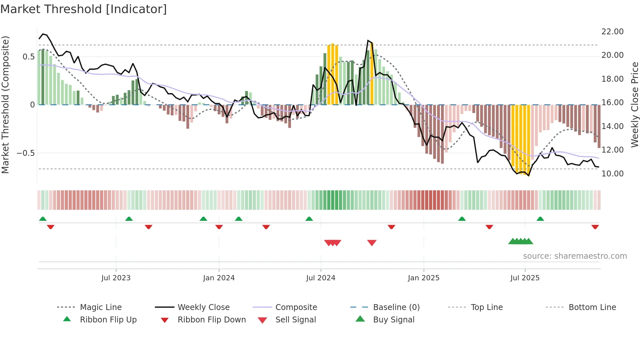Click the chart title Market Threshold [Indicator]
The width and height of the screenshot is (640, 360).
click(x=84, y=9)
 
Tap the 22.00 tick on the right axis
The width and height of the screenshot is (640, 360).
click(x=612, y=32)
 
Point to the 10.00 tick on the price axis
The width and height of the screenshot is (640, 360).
click(x=612, y=174)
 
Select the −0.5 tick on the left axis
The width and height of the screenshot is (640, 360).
click(x=25, y=153)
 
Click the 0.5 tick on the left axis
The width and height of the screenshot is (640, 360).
click(x=28, y=57)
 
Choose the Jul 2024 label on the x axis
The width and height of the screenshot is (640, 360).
click(x=321, y=278)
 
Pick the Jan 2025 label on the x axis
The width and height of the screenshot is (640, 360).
click(x=424, y=278)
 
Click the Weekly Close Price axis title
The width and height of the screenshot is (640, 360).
click(x=634, y=105)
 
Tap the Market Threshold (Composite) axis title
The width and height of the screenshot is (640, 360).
click(x=5, y=105)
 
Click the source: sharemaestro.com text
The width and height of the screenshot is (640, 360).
click(x=575, y=256)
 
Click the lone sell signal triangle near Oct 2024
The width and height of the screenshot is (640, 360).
click(x=372, y=243)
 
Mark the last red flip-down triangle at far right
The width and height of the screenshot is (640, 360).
click(x=595, y=227)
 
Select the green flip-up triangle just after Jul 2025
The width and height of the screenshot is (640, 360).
click(x=540, y=219)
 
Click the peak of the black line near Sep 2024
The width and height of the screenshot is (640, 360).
click(x=368, y=41)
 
